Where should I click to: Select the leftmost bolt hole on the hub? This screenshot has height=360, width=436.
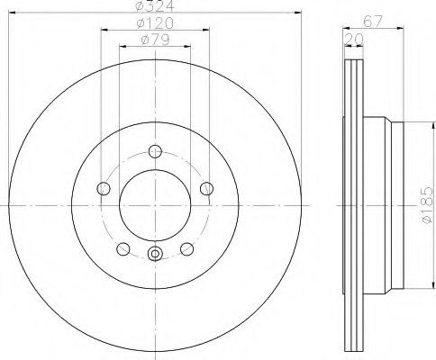tap(103, 189)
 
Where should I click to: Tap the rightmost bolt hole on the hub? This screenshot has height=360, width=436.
tap(207, 188)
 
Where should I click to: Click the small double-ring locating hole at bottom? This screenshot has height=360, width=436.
tap(155, 255)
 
